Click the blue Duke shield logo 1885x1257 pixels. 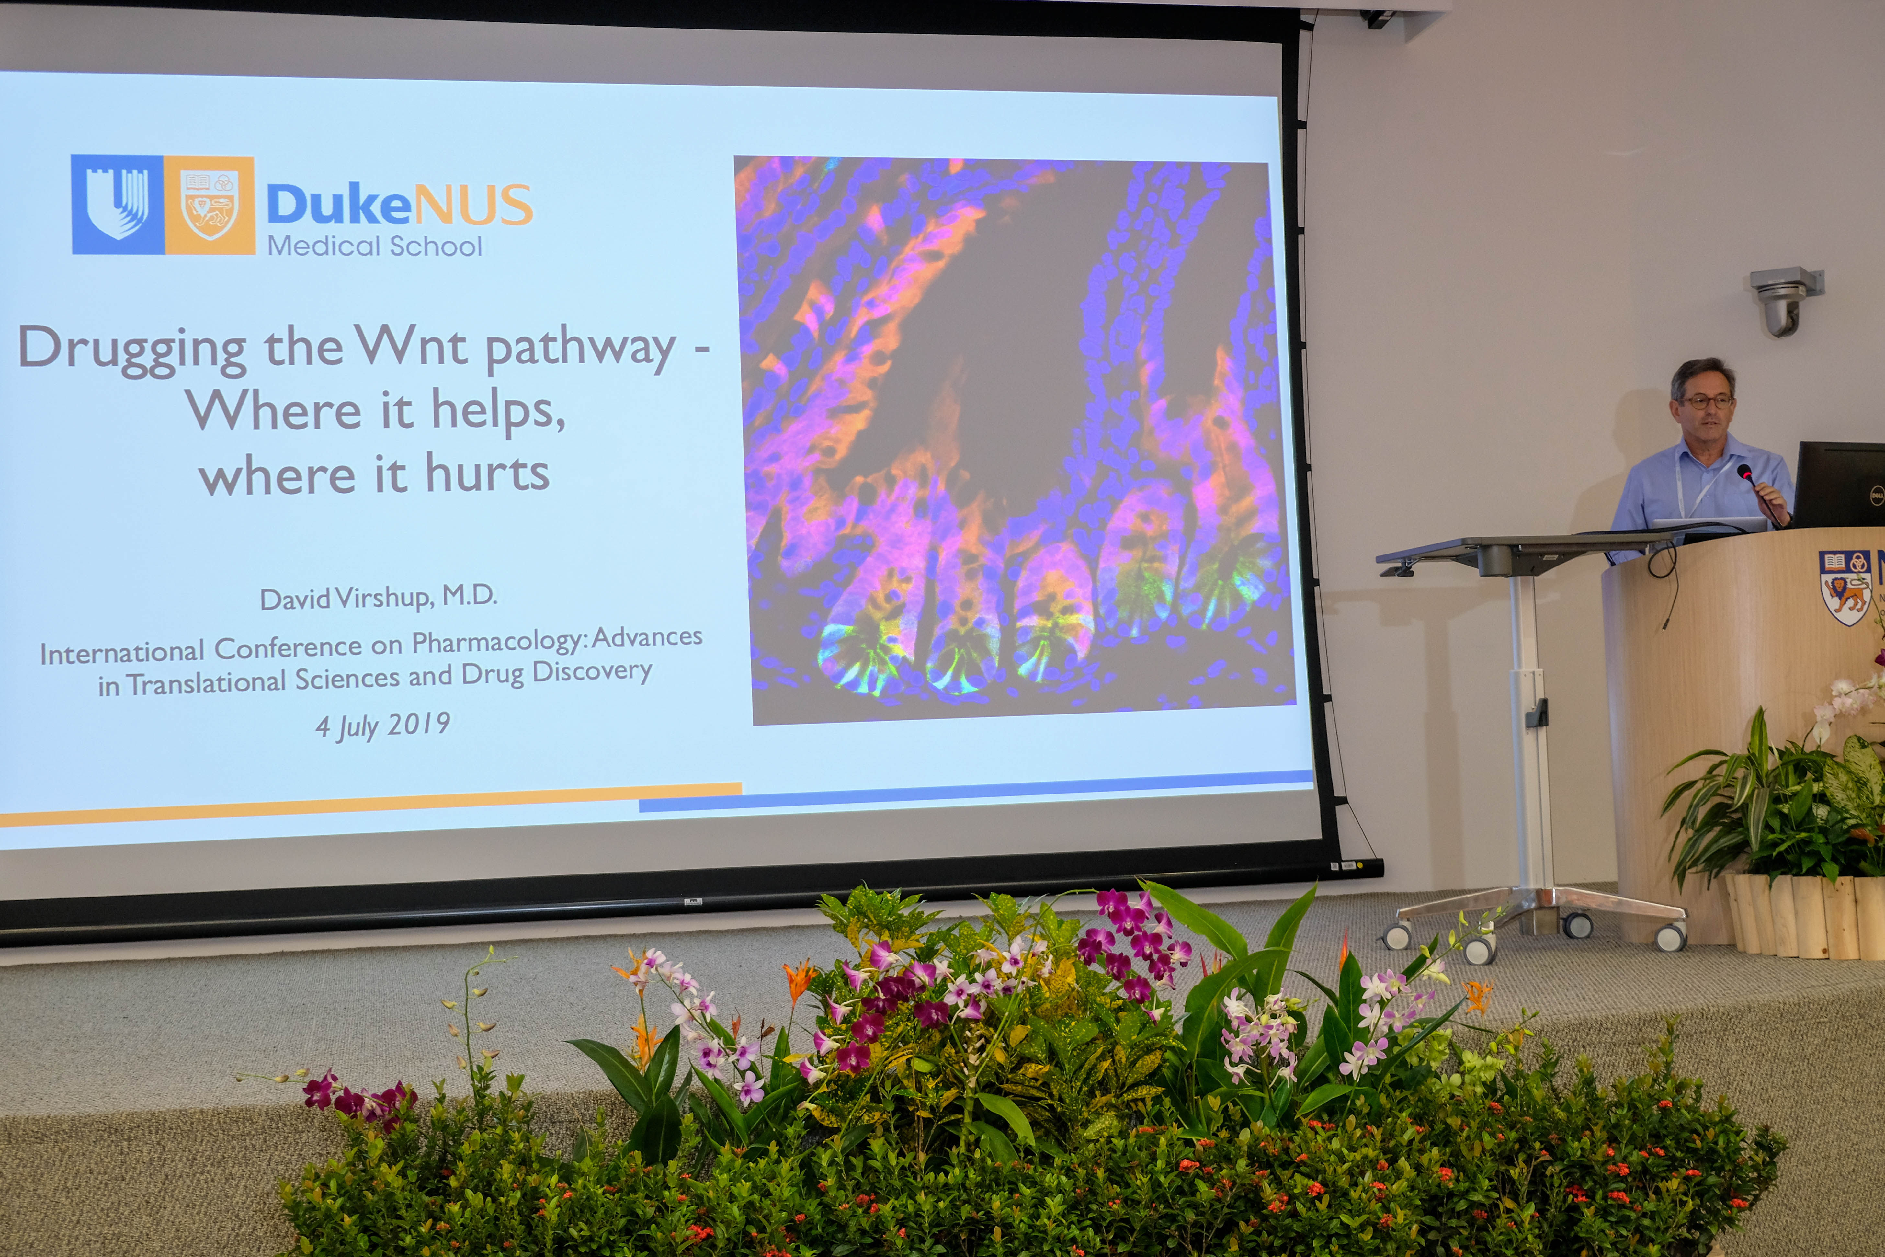(118, 204)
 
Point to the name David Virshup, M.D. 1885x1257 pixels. (378, 597)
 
